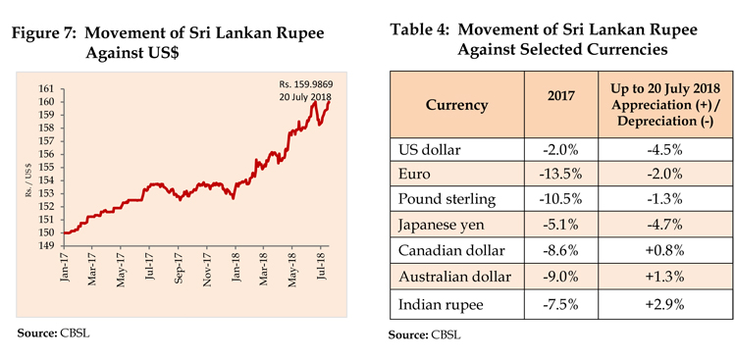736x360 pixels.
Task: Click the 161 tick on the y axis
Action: point(47,89)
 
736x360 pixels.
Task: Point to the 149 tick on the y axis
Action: point(47,247)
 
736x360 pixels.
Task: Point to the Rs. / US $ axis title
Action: point(27,168)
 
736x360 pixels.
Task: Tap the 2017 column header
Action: point(562,104)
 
